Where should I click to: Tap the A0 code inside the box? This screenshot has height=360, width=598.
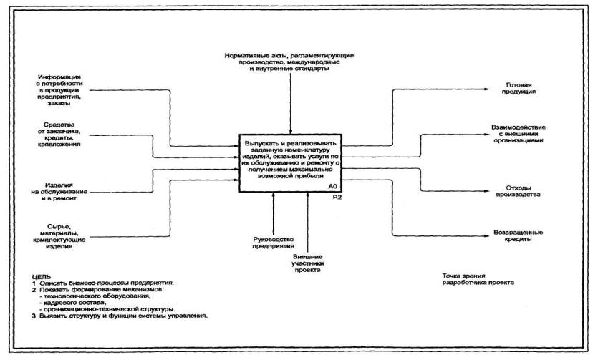[x=332, y=186]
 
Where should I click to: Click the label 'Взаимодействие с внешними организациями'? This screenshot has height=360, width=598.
[x=517, y=133]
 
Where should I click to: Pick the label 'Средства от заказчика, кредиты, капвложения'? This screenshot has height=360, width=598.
[x=60, y=134]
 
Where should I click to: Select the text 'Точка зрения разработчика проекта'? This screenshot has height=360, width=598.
[x=478, y=280]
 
